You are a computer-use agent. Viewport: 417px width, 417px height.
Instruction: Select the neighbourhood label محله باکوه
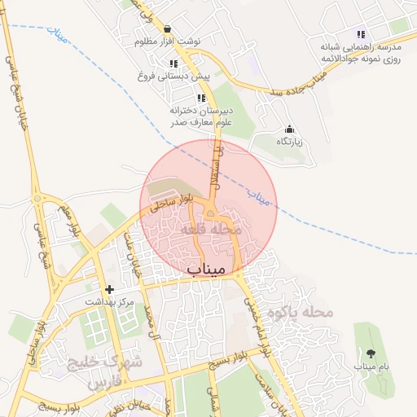(306, 312)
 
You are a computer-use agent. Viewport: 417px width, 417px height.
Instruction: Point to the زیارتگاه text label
(289, 142)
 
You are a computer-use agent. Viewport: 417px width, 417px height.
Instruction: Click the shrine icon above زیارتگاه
(289, 129)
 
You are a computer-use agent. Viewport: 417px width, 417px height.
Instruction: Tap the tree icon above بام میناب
(371, 353)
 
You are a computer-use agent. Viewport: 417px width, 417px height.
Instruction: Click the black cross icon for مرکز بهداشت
(110, 289)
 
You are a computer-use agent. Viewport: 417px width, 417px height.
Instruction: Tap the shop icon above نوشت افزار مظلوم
(167, 29)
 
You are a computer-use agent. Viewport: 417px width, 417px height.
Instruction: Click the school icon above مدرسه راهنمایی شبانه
(361, 35)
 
